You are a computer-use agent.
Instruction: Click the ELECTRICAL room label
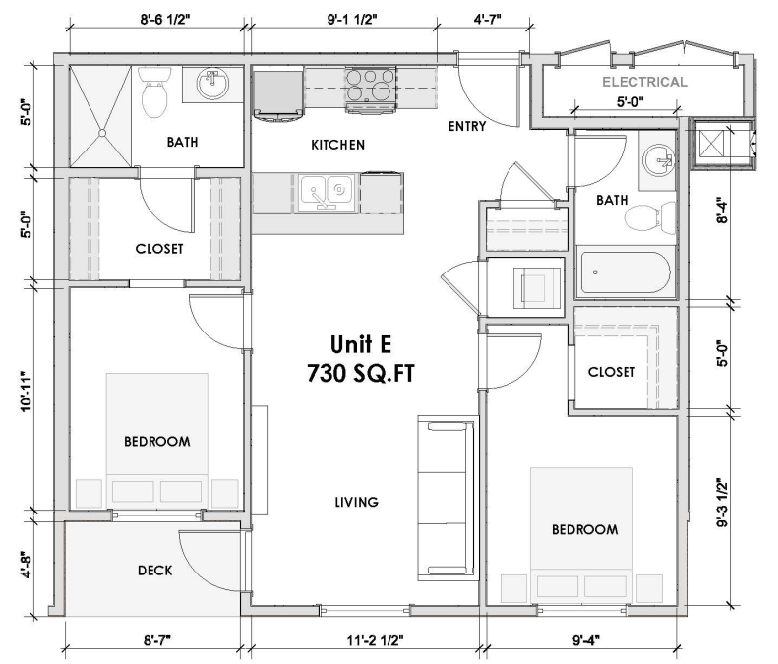(644, 82)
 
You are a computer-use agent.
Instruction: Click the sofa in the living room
(448, 498)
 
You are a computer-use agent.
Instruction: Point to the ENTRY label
(467, 126)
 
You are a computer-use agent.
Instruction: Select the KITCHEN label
(337, 145)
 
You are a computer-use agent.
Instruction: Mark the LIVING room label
(355, 502)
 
